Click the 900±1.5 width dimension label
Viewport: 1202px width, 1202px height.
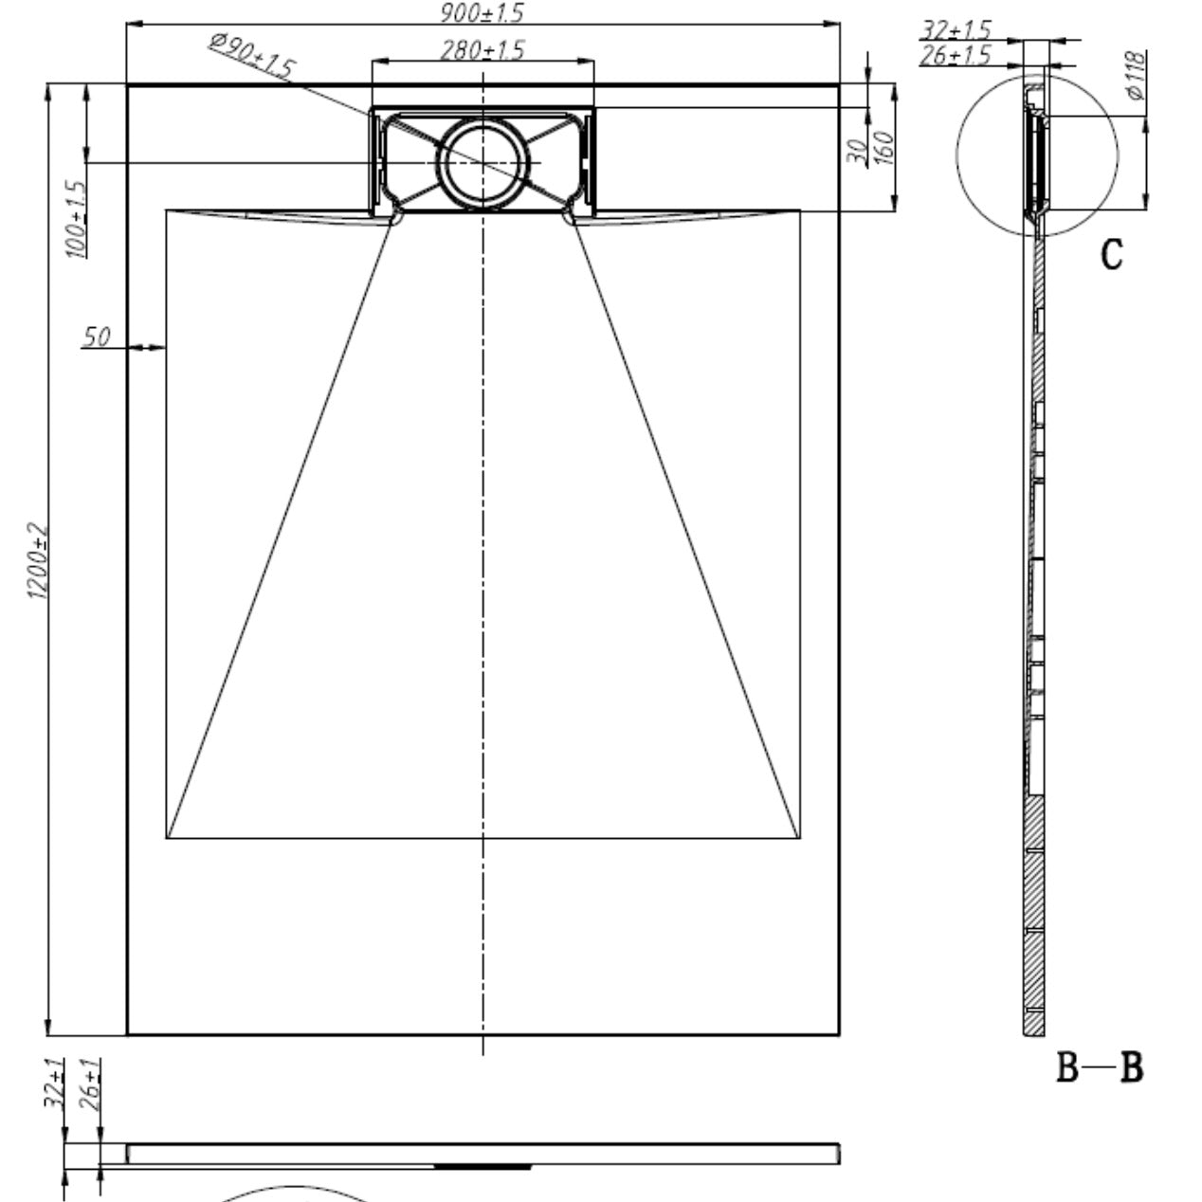point(482,12)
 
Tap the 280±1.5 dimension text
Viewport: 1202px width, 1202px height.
point(482,50)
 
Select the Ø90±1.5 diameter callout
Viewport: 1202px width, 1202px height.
point(251,57)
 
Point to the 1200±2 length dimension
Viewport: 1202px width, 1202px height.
point(37,560)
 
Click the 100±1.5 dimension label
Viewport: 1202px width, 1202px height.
point(76,219)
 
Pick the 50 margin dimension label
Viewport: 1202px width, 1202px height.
point(96,337)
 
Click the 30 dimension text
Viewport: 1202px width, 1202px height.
point(858,153)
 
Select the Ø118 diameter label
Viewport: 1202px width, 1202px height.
point(1137,76)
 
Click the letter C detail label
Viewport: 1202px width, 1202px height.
point(1112,254)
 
